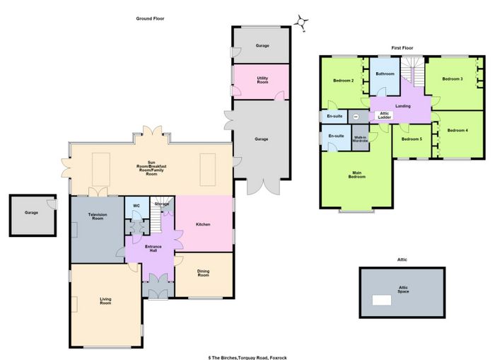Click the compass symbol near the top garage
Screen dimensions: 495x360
point(301,23)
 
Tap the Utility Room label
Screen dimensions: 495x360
point(262,80)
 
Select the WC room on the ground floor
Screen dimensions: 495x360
point(137,208)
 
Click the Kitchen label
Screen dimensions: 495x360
point(203,224)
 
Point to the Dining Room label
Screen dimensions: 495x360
point(204,273)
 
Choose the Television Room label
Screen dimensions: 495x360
point(98,216)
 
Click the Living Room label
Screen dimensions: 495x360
point(105,301)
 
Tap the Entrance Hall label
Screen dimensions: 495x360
point(153,248)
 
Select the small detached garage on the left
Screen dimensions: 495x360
point(33,216)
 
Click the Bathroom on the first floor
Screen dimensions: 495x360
point(385,76)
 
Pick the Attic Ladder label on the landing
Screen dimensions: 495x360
point(385,115)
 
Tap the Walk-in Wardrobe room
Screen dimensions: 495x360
point(360,138)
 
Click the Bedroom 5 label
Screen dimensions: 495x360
point(412,139)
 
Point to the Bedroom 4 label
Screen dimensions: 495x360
point(458,130)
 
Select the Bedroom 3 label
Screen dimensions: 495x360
point(453,79)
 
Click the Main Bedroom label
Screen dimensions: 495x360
point(356,175)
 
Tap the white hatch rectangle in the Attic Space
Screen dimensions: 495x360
point(382,300)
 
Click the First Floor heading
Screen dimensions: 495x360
point(402,48)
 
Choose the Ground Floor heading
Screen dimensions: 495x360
point(150,18)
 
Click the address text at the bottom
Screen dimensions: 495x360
point(248,358)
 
